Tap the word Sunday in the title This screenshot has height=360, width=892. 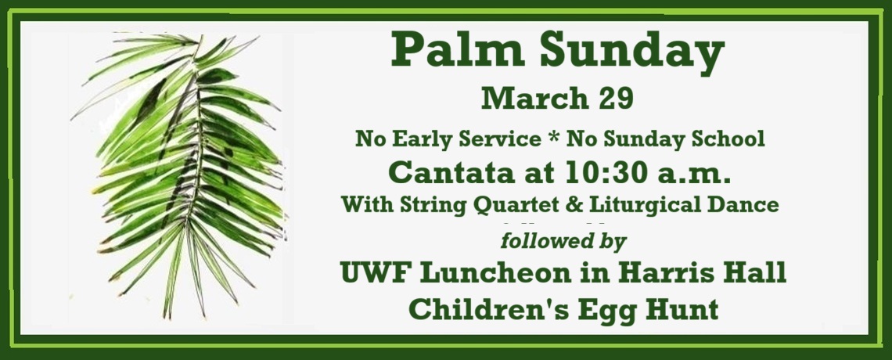click(x=620, y=52)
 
